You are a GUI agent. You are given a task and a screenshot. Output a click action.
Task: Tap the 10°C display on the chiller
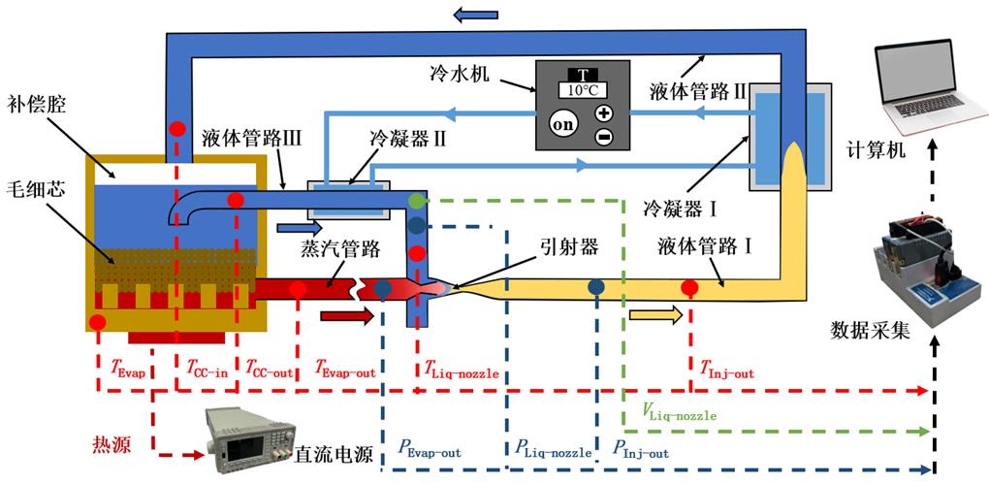[583, 89]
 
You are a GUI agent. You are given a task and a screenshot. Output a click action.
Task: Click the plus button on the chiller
[603, 113]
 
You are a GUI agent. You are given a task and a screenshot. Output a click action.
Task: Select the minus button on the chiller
[603, 137]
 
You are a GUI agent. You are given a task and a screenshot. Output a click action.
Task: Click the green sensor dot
[417, 202]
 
